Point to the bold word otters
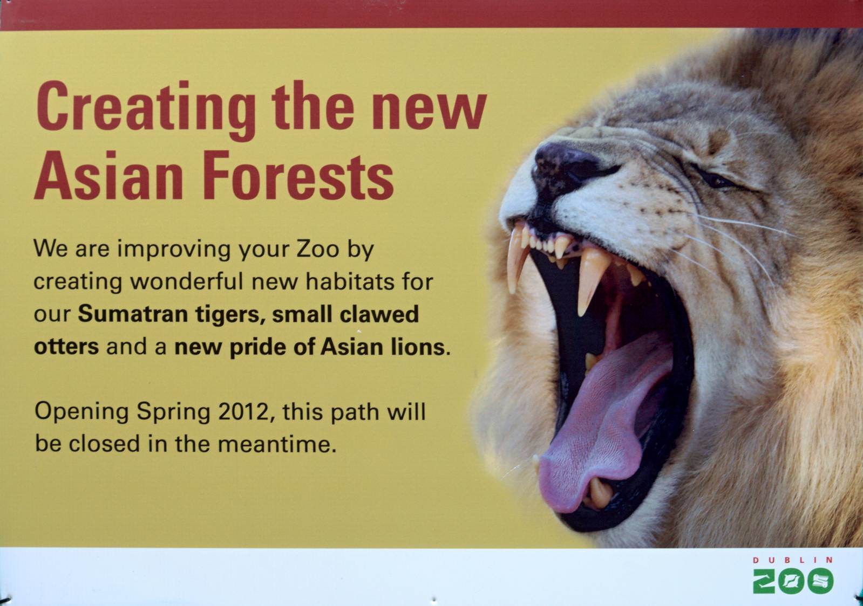(x=66, y=347)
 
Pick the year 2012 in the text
(x=243, y=412)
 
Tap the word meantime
(x=277, y=445)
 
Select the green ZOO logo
(x=793, y=581)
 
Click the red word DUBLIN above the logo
(x=793, y=560)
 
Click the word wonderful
(x=188, y=282)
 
